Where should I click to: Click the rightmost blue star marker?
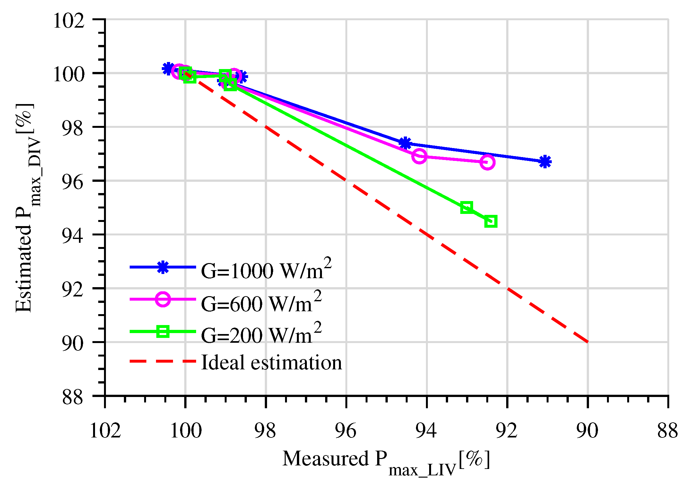point(545,162)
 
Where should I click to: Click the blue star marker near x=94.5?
point(405,143)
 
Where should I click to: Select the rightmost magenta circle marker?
point(487,162)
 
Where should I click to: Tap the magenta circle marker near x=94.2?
point(419,156)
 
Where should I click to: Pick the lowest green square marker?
point(491,221)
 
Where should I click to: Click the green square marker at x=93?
point(466,207)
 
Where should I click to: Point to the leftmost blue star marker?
point(168,68)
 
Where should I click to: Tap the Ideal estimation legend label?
point(271,363)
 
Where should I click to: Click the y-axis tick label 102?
point(68,21)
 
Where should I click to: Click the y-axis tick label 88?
point(72,398)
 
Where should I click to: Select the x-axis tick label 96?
point(346,431)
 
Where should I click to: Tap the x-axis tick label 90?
point(587,431)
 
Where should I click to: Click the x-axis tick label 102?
point(105,431)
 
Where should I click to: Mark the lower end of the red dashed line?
point(587,342)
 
